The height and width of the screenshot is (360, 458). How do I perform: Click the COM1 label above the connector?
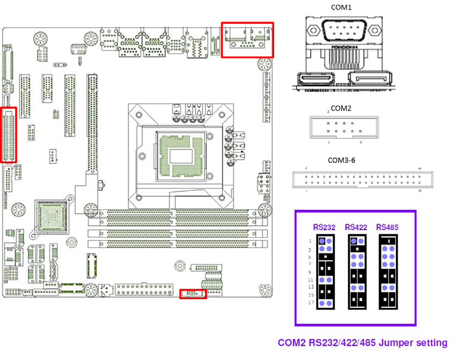coord(342,7)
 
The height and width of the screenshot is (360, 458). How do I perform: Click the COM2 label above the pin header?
coord(342,109)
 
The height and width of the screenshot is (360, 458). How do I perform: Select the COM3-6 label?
coord(341,160)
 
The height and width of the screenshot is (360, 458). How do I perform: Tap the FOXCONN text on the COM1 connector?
coord(342,48)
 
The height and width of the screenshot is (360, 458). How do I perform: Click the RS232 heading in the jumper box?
coord(324,227)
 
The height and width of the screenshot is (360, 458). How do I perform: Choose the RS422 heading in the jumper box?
coord(356,227)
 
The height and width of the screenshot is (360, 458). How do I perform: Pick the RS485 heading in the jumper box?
coord(388,227)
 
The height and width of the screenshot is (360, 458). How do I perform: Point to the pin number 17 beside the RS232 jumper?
coord(310,302)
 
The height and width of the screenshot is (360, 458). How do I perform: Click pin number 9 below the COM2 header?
coord(360,142)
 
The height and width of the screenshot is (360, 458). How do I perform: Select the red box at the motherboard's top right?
coord(247,39)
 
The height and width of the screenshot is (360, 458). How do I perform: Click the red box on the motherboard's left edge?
coord(9,134)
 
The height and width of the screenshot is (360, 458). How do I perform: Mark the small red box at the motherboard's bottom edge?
coord(193,294)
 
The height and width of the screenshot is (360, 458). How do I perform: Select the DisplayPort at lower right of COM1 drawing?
coord(370,82)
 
